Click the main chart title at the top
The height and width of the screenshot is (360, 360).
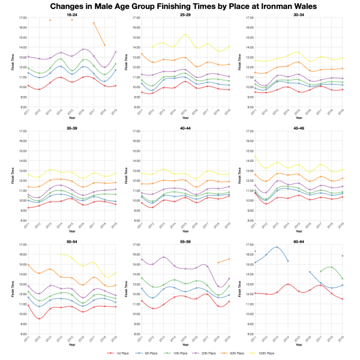180,5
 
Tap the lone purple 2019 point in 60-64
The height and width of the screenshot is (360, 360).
343,256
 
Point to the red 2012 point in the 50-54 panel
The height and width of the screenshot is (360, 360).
39,319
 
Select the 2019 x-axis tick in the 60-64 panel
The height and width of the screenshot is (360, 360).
343,338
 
